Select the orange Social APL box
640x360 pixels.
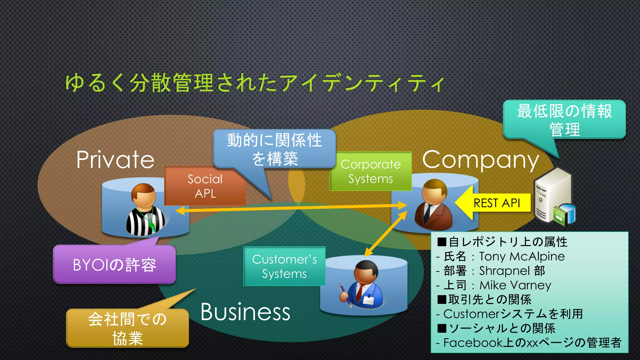point(205,186)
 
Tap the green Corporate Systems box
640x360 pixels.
point(371,171)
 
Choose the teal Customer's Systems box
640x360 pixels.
point(284,266)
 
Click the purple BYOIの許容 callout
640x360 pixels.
point(114,265)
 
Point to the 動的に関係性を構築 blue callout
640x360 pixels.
point(274,149)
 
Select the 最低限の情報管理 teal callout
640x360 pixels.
point(564,120)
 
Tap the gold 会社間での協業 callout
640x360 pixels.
point(127,328)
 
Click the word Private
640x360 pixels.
point(115,160)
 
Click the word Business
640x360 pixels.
point(245,312)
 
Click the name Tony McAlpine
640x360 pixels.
point(522,257)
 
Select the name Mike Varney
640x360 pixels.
point(515,285)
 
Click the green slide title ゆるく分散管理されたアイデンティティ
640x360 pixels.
point(255,83)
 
